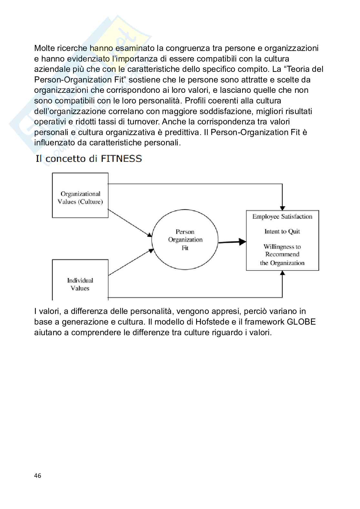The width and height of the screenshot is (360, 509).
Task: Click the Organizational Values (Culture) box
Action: [x=80, y=195]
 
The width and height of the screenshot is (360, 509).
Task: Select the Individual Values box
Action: [x=80, y=280]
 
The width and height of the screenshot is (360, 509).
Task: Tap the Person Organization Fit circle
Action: [x=185, y=240]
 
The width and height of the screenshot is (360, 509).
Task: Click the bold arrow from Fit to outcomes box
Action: [x=232, y=242]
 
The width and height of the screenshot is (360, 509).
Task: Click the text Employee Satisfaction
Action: [x=282, y=217]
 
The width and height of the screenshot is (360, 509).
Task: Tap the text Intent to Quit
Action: [x=282, y=231]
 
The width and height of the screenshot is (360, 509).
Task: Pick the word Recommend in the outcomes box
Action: [x=282, y=254]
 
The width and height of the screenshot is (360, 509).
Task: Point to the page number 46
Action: [x=38, y=476]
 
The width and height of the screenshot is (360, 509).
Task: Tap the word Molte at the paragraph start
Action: [x=45, y=48]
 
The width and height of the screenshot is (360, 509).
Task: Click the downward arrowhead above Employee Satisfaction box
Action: [x=283, y=208]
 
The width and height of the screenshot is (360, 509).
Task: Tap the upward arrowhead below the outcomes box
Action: [x=283, y=273]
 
